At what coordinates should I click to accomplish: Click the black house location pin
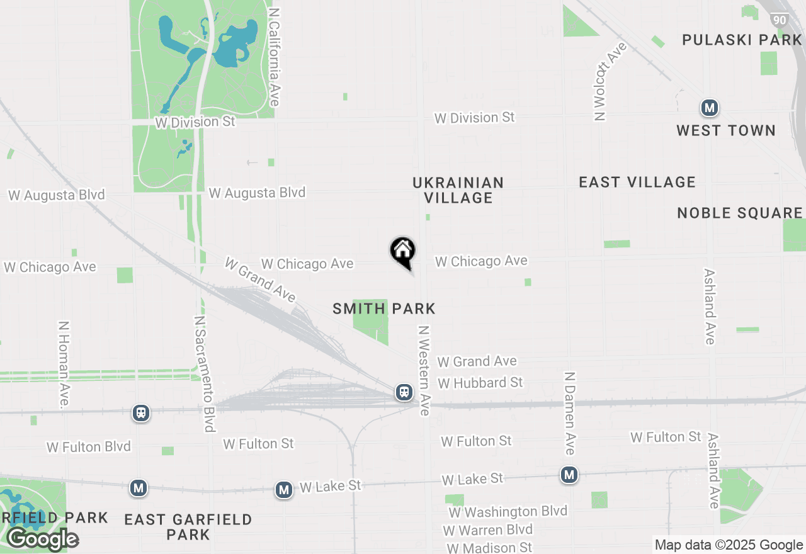(403, 252)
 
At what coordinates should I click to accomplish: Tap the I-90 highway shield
(780, 20)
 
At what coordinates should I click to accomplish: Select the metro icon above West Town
(710, 108)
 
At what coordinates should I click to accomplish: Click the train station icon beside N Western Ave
(404, 392)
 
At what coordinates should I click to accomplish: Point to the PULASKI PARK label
(742, 40)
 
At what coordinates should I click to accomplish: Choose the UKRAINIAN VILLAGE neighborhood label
(458, 190)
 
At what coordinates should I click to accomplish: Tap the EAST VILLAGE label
(637, 183)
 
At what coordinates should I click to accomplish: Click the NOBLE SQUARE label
(740, 213)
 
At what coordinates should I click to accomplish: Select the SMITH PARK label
(384, 308)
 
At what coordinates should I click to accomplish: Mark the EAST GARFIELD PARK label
(188, 527)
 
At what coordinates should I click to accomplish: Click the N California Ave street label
(274, 57)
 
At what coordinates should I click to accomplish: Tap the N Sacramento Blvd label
(205, 374)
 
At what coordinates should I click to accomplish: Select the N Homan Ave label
(64, 364)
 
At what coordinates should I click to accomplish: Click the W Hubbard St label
(480, 383)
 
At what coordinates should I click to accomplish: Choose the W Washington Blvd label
(508, 511)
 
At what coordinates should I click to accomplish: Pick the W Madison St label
(490, 547)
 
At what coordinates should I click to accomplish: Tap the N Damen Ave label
(569, 413)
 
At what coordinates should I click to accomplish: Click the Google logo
(42, 539)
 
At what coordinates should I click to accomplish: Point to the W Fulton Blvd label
(89, 447)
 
